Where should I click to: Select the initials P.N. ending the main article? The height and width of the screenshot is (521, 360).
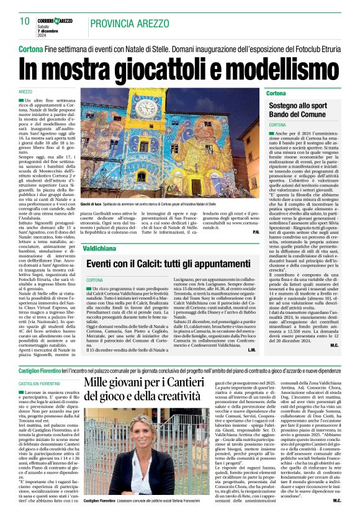256,232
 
